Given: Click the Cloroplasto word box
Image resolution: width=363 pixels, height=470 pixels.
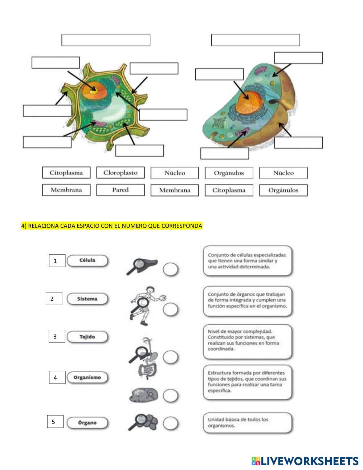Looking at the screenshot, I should tap(120, 173).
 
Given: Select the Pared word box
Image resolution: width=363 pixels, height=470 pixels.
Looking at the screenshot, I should tap(120, 190).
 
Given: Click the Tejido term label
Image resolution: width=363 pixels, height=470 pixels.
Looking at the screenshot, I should tap(87, 337).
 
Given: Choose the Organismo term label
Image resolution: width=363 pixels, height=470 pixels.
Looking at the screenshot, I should tap(87, 377).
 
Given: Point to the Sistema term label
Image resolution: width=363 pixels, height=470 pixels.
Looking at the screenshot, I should tap(87, 299).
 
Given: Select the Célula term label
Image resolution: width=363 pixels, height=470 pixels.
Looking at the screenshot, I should tap(87, 260).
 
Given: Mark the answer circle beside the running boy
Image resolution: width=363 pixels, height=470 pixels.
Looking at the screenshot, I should tap(170, 309).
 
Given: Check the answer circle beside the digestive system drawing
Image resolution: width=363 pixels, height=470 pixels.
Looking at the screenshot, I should tap(170, 357).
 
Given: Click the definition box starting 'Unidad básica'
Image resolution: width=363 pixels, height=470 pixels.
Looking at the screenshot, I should tap(247, 422).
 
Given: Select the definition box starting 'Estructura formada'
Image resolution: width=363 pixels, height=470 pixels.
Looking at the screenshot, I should tap(247, 382).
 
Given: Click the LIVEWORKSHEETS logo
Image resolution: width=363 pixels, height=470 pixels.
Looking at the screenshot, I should tap(305, 461).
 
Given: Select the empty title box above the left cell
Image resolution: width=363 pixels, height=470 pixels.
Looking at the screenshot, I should tap(106, 40).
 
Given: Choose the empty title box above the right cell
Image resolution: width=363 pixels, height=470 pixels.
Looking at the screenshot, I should tap(255, 40).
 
